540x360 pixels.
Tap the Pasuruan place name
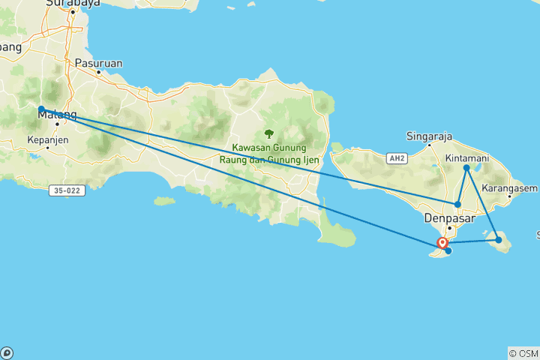click(x=98, y=64)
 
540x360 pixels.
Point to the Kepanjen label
click(x=47, y=139)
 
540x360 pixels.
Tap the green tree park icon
click(x=268, y=134)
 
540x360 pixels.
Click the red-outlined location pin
click(x=443, y=242)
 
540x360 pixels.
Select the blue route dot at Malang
click(x=41, y=109)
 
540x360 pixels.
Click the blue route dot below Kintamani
click(x=466, y=168)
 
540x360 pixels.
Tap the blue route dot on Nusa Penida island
click(x=499, y=239)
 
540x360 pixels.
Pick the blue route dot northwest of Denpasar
click(x=457, y=204)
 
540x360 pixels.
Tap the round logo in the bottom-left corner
click(x=7, y=352)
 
